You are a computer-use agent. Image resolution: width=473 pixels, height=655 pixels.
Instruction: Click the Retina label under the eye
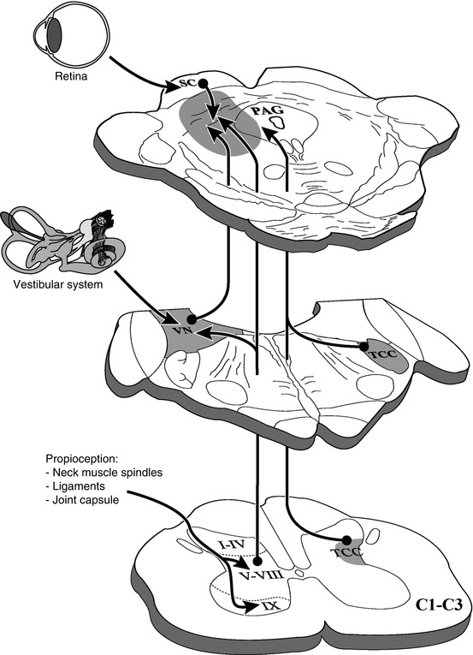71,76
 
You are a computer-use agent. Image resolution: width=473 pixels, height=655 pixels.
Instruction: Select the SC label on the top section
188,83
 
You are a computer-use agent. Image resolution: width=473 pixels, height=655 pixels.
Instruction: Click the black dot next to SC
204,83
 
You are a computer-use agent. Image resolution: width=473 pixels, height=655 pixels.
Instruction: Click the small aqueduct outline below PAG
276,122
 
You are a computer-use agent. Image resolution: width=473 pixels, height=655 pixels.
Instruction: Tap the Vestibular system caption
57,285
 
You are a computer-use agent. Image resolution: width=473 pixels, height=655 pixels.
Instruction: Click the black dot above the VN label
192,319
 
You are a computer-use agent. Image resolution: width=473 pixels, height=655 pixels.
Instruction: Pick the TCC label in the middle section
382,357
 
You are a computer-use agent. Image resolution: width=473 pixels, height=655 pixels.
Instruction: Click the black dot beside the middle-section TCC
364,346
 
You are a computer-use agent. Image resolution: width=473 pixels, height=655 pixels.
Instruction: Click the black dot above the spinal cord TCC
346,539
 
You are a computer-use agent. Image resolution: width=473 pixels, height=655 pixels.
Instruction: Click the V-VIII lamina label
263,575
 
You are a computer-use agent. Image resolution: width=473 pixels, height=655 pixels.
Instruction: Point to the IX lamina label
271,605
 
